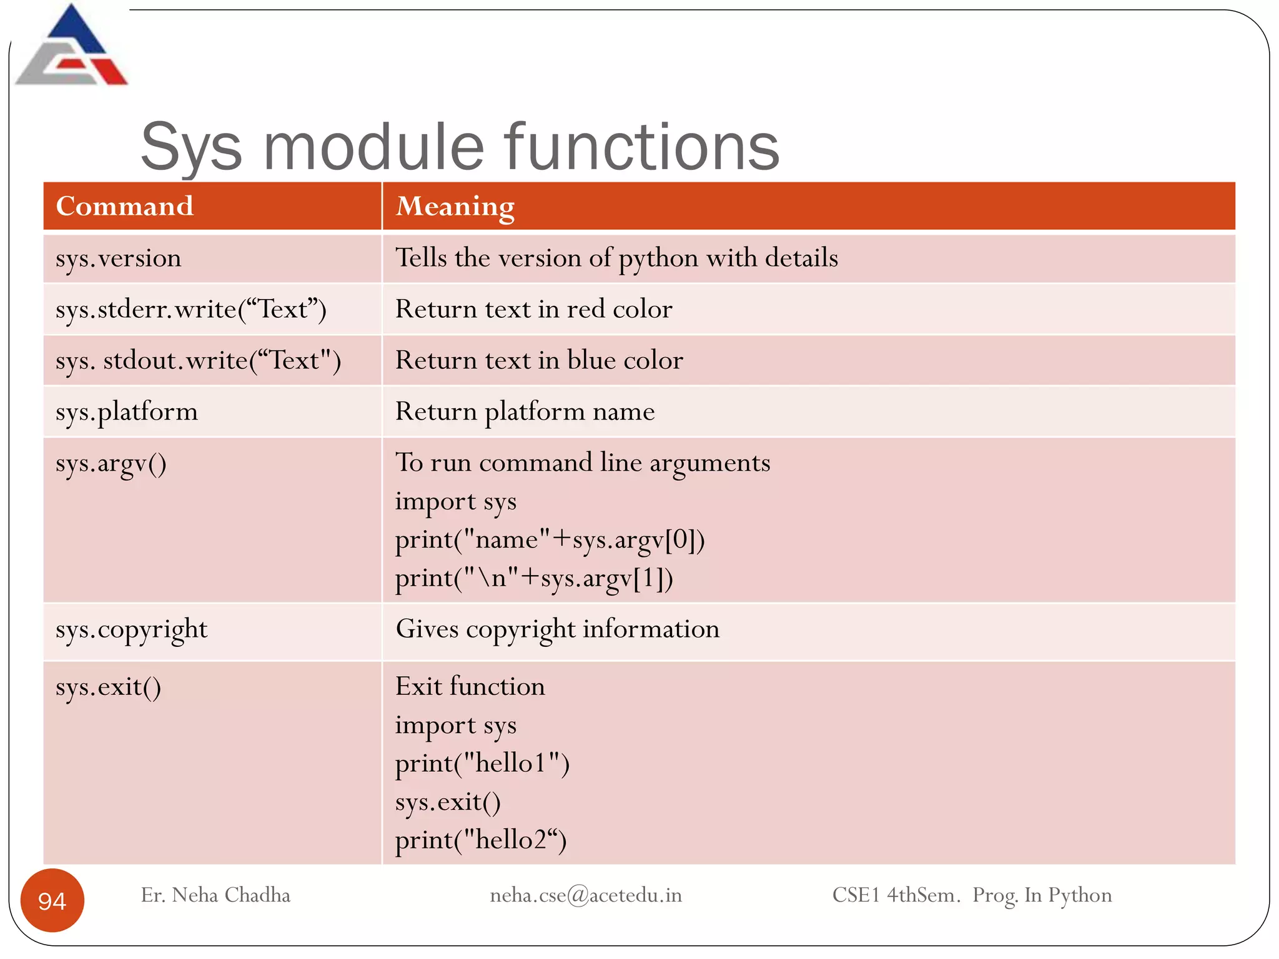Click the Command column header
pos(125,206)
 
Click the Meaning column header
pos(455,206)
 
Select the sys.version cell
pos(119,258)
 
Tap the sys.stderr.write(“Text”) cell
pos(190,309)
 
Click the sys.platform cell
pos(127,412)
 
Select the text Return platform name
pos(525,412)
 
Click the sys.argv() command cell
pos(111,464)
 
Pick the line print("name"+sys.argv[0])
pos(550,540)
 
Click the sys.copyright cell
pos(131,629)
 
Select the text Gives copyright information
pos(557,629)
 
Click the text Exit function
pos(470,687)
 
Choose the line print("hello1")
pos(482,764)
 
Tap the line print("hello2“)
pos(481,840)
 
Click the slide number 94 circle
pos(52,900)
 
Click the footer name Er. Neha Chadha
pos(215,895)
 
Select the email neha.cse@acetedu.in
pos(586,895)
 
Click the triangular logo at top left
pos(72,47)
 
